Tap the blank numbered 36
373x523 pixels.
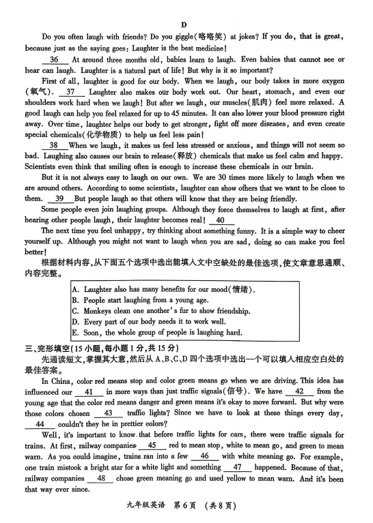(x=55, y=59)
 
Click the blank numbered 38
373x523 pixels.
(x=53, y=146)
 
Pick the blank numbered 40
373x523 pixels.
(x=219, y=220)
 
